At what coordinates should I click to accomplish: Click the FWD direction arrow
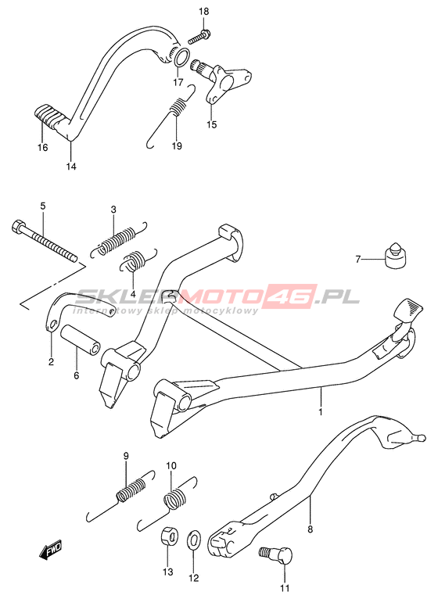click(50, 551)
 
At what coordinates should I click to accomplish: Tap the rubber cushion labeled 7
click(394, 256)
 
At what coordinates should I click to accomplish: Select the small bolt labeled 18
click(199, 37)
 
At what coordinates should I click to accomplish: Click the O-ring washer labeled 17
click(181, 56)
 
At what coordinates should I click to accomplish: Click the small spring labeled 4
click(138, 260)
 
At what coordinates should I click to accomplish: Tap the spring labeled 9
click(120, 494)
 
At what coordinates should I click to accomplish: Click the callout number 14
click(71, 167)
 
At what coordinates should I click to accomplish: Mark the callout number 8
click(310, 529)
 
